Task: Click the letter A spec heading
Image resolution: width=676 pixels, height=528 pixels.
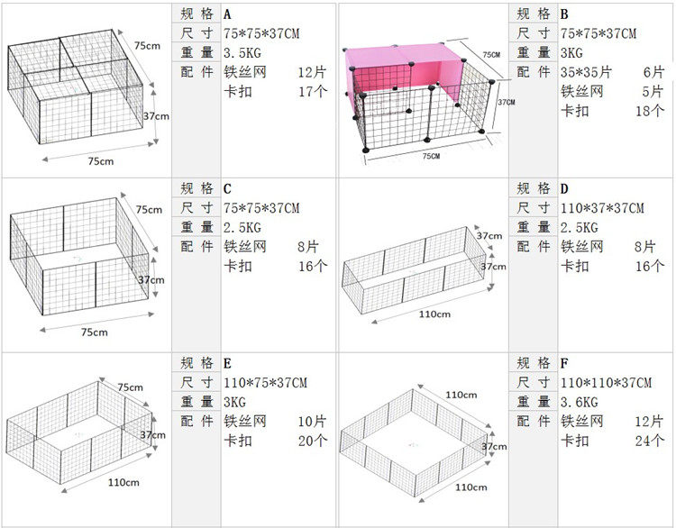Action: tap(227, 14)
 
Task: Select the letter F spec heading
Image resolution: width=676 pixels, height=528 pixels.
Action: tap(564, 363)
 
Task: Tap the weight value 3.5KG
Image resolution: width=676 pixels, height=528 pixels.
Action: tap(242, 52)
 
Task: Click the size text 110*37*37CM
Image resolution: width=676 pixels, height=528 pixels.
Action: tap(602, 208)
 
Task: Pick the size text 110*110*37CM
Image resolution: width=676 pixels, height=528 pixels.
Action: tap(606, 382)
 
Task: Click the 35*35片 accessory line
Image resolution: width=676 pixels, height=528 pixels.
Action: tap(586, 71)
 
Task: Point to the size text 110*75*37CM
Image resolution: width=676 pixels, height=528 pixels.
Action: tap(265, 382)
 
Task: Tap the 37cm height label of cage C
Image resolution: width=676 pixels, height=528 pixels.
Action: tap(151, 280)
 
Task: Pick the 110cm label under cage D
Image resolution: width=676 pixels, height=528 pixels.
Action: tap(435, 314)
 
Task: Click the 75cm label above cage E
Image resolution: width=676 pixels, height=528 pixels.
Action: tap(131, 387)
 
